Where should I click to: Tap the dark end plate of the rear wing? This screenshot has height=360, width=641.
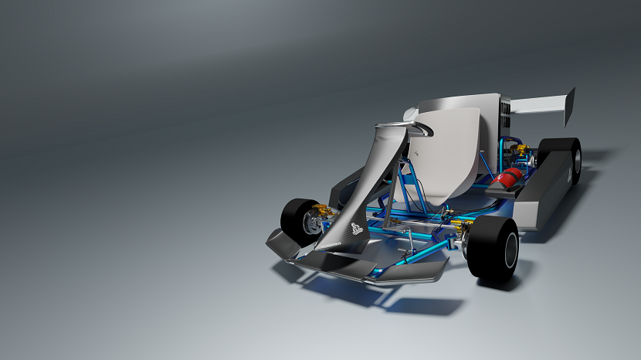(x=570, y=107)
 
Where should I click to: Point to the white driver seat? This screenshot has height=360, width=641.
(x=456, y=155)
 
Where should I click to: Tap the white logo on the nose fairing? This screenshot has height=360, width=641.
(x=354, y=227)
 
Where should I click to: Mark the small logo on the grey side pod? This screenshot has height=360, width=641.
(x=570, y=176)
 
